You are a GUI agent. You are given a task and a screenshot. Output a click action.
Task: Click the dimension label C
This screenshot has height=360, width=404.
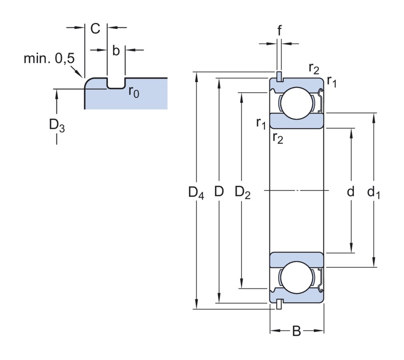[95, 28]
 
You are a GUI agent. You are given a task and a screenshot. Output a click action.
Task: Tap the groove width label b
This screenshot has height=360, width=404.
[116, 50]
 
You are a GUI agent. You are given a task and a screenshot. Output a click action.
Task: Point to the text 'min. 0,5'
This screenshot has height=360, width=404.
[49, 59]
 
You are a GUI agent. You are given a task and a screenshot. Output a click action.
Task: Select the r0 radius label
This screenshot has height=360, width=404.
[134, 92]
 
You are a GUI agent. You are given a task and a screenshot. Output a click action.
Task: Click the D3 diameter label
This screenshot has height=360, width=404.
[57, 126]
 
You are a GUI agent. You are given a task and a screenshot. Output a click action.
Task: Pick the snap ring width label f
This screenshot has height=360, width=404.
[279, 30]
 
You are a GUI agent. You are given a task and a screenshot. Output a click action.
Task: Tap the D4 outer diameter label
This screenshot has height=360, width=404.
[196, 193]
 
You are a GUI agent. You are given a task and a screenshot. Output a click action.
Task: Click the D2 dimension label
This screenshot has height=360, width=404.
[242, 193]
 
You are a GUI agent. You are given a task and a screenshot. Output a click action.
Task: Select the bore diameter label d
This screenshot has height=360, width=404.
[351, 192]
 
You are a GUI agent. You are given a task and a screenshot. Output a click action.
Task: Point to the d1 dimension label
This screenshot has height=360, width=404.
[373, 193]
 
